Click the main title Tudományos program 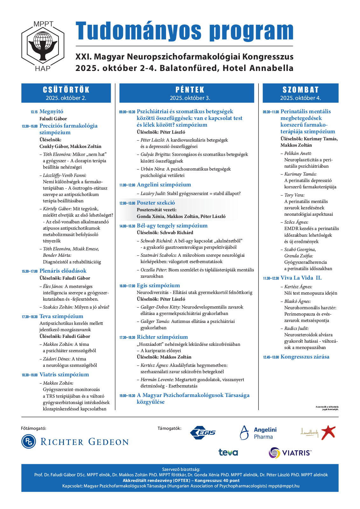coord(184,31)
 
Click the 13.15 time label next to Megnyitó coord(34,112)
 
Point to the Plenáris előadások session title coord(63,271)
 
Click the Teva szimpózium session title coord(61,316)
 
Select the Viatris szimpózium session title coord(64,374)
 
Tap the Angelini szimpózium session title coord(164,185)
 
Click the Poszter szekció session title coord(156,203)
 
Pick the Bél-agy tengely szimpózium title coord(172,226)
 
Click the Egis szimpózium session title coord(158,285)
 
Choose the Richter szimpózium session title coord(162,337)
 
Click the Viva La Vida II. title coord(301,278)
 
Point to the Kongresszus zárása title coord(305,357)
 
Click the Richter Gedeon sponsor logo coord(75,442)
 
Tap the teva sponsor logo coord(228,452)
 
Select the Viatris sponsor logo coord(290,452)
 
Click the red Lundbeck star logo coord(328,432)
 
